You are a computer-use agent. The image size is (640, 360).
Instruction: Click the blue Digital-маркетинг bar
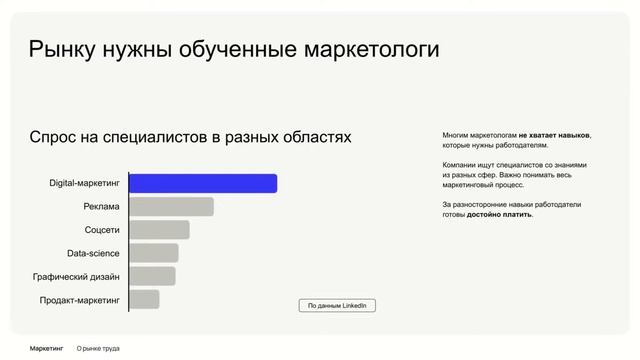pos(203,183)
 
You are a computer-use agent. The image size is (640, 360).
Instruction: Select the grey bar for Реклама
pos(171,207)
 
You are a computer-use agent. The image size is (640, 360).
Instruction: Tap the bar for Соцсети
pos(159,230)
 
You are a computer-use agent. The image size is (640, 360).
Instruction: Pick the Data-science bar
pos(154,253)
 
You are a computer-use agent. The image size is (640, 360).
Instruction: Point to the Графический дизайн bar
pos(152,276)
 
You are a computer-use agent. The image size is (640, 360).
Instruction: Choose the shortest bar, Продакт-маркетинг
pos(144,299)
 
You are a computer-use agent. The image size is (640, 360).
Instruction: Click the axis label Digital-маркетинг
pos(85,184)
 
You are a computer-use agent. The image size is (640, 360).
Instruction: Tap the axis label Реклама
pos(102,207)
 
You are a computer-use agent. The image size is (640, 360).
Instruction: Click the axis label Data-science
pos(94,253)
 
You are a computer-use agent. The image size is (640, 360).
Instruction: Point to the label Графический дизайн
pos(76,276)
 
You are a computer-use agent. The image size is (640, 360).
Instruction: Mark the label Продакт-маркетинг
pos(80,299)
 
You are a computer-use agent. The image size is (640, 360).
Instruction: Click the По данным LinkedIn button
pos(337,305)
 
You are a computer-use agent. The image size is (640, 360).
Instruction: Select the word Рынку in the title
pos(64,50)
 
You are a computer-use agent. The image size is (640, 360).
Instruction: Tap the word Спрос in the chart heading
pos(58,136)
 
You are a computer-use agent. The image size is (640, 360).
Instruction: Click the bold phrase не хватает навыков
pos(554,135)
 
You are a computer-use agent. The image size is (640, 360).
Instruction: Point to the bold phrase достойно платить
pos(499,214)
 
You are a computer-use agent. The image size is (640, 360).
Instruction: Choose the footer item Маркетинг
pos(47,348)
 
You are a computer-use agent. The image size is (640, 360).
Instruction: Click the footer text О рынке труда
pos(98,348)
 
